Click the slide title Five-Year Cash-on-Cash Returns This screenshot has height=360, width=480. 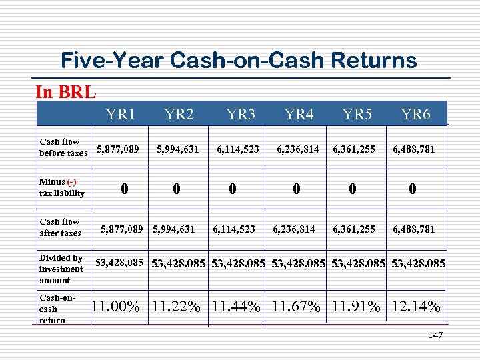pyautogui.click(x=239, y=61)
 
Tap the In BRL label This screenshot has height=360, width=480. pyautogui.click(x=65, y=92)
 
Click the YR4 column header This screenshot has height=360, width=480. pyautogui.click(x=299, y=115)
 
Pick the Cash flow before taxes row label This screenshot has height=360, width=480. pyautogui.click(x=63, y=147)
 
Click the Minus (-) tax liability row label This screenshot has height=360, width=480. pyautogui.click(x=62, y=187)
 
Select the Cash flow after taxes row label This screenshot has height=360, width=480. pyautogui.click(x=60, y=227)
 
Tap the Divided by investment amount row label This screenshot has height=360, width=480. pyautogui.click(x=61, y=269)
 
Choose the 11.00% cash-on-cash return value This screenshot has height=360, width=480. pyautogui.click(x=115, y=307)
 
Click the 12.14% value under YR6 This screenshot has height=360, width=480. pyautogui.click(x=416, y=307)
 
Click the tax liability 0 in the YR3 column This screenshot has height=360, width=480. pyautogui.click(x=231, y=189)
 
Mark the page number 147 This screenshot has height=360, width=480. pyautogui.click(x=435, y=335)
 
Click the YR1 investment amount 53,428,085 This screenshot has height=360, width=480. pyautogui.click(x=119, y=262)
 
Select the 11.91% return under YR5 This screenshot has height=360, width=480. pyautogui.click(x=356, y=307)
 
